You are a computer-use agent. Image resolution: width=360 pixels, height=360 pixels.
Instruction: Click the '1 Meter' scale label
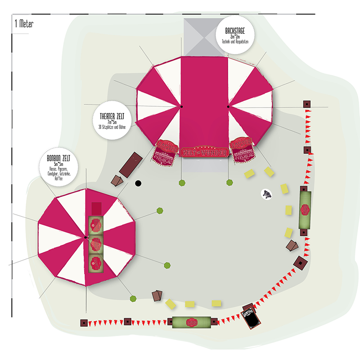pos(24,23)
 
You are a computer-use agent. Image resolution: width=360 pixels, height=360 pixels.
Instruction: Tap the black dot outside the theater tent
pos(139,183)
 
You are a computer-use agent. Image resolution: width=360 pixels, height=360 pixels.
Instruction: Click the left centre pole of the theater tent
pos(181,107)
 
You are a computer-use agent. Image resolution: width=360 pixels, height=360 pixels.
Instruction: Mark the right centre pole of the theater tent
pos(228,107)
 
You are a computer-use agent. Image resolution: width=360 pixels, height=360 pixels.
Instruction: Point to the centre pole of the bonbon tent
pos(85,237)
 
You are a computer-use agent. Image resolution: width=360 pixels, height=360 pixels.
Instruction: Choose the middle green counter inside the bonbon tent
pos(95,244)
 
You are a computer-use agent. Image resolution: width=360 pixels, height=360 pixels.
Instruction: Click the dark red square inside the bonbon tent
pos(96,208)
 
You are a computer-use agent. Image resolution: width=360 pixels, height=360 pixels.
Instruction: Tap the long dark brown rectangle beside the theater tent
pos(131,164)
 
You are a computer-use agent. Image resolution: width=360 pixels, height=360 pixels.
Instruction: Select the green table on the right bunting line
pos(306,210)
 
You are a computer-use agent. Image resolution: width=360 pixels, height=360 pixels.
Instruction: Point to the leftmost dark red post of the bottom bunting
pos(84,323)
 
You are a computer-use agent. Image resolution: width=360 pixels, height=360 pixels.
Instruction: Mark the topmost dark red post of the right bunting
pos(307,104)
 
